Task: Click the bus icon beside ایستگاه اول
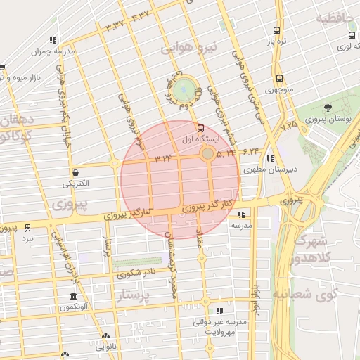(202, 129)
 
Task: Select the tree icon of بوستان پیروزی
(328, 108)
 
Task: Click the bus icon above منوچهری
(280, 79)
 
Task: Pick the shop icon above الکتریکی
(75, 172)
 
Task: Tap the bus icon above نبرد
(27, 227)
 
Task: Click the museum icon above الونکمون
(73, 296)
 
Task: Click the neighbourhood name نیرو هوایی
(189, 48)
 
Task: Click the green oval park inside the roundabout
(185, 89)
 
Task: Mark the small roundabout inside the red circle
(208, 153)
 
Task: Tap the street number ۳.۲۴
(163, 157)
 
